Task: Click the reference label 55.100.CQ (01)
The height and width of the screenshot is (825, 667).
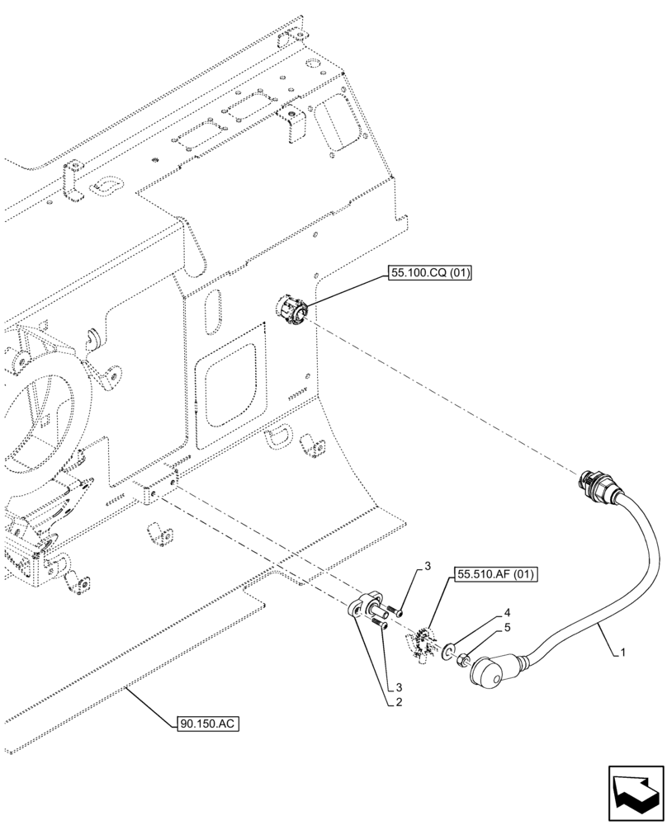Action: [427, 275]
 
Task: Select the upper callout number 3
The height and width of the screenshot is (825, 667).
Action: [428, 566]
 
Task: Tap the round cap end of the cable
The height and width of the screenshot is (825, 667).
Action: [488, 672]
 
